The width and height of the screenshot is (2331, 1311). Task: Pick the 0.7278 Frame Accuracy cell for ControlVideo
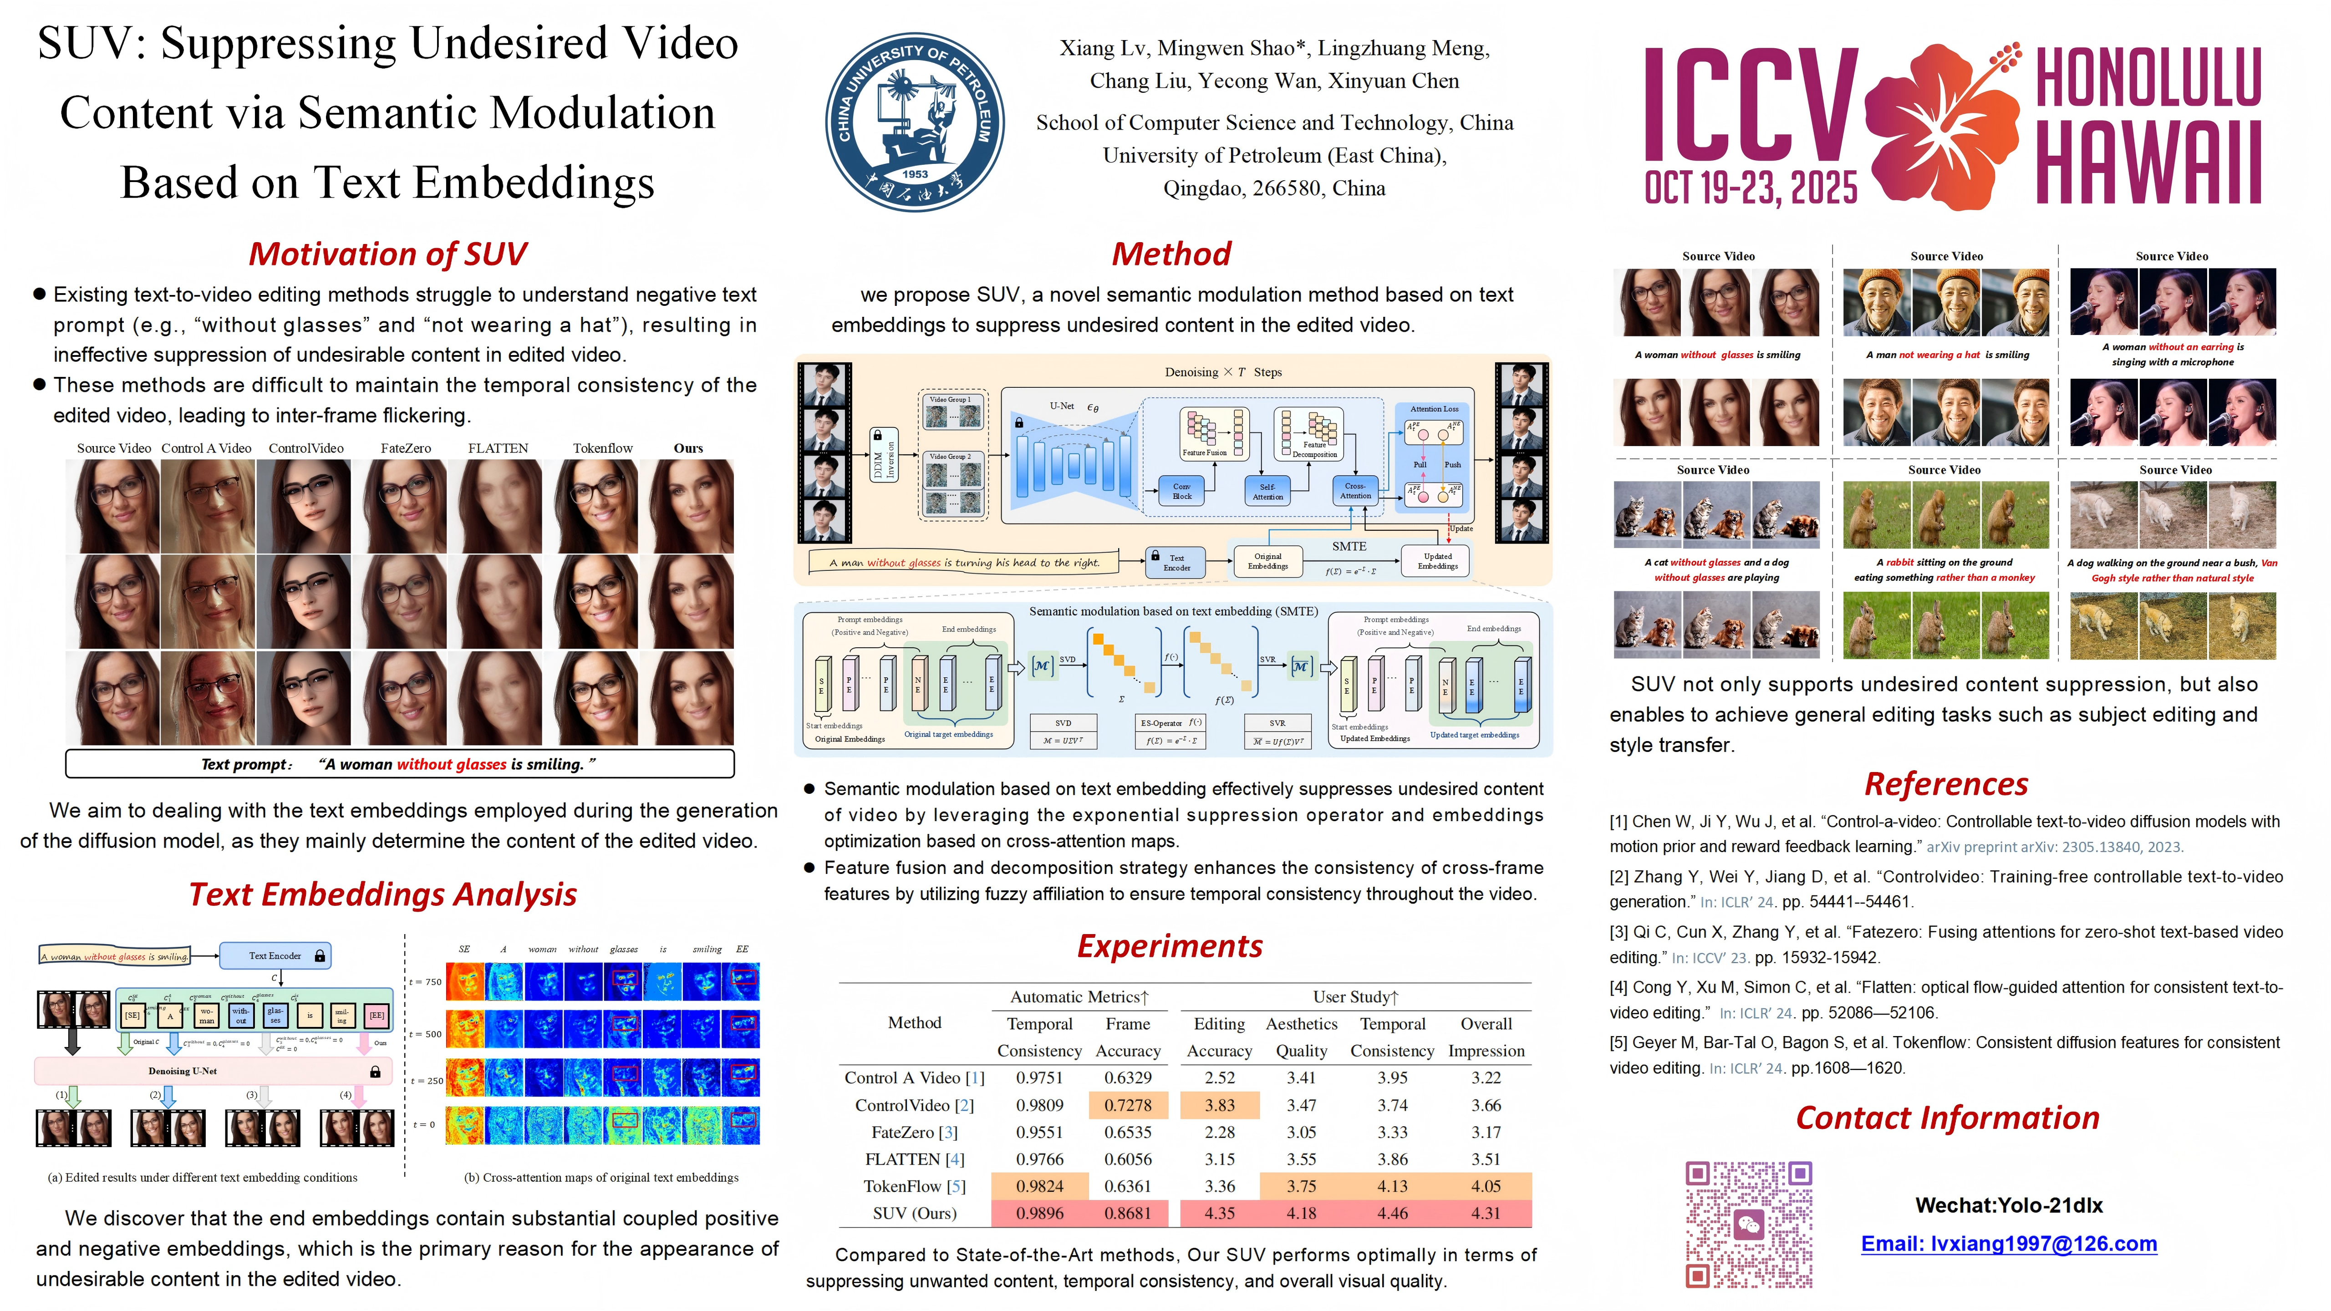coord(1127,1105)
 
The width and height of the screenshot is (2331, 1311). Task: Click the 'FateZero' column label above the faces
coord(405,448)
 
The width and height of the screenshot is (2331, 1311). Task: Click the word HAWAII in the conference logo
coord(2148,165)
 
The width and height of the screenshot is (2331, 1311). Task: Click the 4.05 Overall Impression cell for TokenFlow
coord(1485,1186)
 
